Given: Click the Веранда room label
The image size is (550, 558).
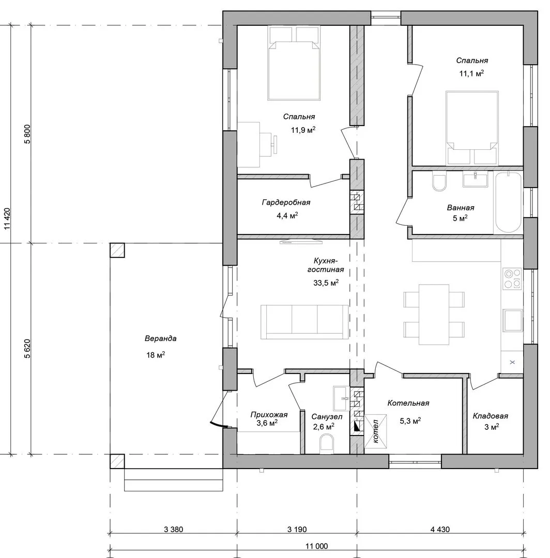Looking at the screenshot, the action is pyautogui.click(x=161, y=338).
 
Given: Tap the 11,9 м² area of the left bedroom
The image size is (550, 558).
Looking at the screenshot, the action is pyautogui.click(x=303, y=130).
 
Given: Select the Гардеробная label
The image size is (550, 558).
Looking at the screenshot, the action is pyautogui.click(x=286, y=203).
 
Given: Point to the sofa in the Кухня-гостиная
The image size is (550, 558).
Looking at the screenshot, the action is pyautogui.click(x=304, y=322).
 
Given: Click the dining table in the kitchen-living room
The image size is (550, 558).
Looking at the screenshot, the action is pyautogui.click(x=434, y=315).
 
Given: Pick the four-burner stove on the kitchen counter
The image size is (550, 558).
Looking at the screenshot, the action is pyautogui.click(x=512, y=278).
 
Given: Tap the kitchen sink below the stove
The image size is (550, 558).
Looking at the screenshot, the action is pyautogui.click(x=512, y=320).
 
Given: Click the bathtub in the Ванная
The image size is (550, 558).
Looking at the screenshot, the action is pyautogui.click(x=508, y=203).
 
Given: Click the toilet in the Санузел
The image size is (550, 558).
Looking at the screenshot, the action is pyautogui.click(x=326, y=445).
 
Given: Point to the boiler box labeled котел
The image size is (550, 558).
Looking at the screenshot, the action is pyautogui.click(x=376, y=431).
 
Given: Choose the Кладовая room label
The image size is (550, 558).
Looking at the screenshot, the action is pyautogui.click(x=490, y=416).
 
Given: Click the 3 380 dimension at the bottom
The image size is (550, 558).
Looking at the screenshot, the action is pyautogui.click(x=173, y=530).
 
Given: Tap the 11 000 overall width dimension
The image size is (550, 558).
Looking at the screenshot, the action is pyautogui.click(x=316, y=546).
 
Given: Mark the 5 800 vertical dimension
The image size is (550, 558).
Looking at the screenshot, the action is pyautogui.click(x=27, y=134).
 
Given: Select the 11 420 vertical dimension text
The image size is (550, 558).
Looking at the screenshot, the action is pyautogui.click(x=7, y=219).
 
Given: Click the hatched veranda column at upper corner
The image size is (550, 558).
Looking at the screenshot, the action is pyautogui.click(x=117, y=250).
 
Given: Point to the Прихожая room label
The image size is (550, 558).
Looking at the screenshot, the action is pyautogui.click(x=269, y=414).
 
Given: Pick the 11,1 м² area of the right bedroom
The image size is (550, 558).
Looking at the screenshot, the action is pyautogui.click(x=471, y=74).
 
